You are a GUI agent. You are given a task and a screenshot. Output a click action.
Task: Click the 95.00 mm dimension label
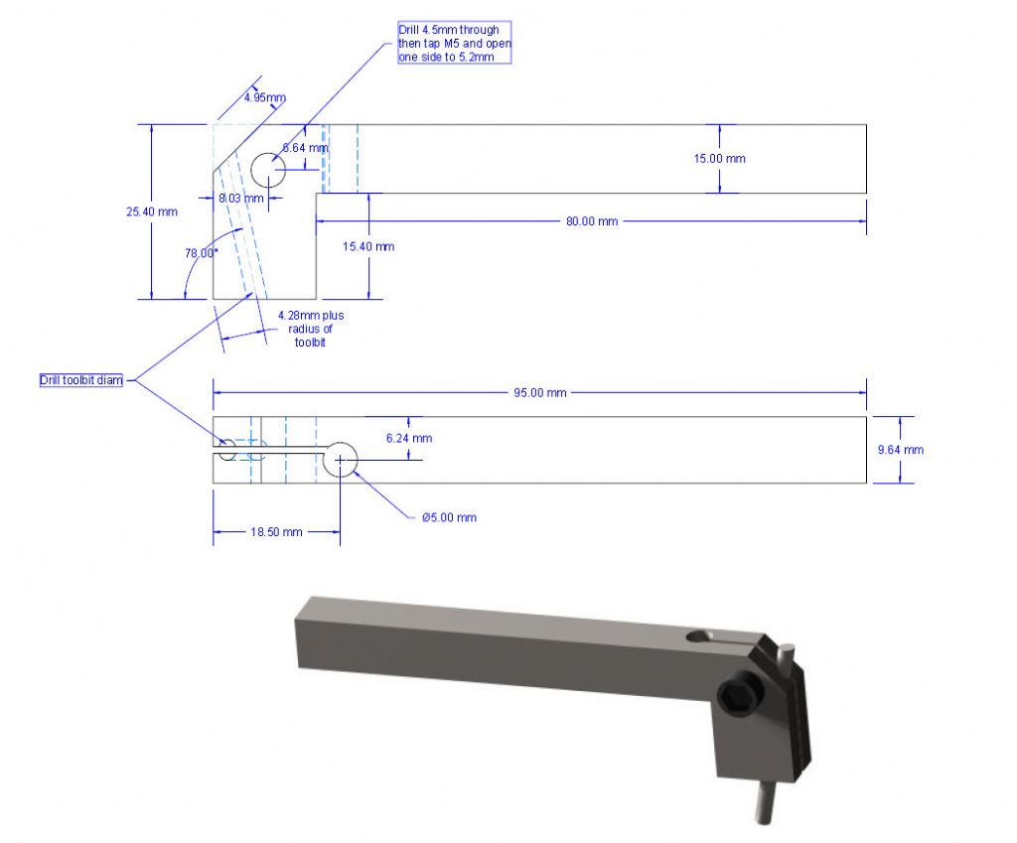coord(539,393)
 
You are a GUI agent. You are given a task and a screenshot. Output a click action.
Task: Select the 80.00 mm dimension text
coord(592,221)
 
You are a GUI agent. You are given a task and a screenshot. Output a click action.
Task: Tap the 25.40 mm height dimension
coord(152,211)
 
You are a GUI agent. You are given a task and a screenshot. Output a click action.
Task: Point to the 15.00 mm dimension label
coord(719,158)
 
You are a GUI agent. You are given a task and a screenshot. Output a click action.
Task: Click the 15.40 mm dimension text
coord(368,246)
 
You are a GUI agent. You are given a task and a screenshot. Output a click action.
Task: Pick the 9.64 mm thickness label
coord(900,450)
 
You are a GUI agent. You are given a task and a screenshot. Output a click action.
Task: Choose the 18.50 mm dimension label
coord(276,532)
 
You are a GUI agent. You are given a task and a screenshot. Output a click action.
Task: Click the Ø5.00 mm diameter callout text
coord(449,517)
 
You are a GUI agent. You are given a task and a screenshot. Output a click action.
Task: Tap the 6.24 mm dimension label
coord(408,438)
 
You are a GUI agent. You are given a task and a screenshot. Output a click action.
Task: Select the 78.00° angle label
coord(201,253)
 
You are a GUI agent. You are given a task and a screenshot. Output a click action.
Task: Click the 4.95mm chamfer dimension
coord(264,97)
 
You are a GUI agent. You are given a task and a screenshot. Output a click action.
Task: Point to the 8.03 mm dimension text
coord(241,198)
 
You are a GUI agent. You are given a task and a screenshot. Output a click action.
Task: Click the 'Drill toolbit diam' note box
coord(81,380)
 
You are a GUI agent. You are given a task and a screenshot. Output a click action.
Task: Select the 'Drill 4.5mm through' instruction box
coord(455,43)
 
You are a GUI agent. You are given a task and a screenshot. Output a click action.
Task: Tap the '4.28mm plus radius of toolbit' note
coord(311,329)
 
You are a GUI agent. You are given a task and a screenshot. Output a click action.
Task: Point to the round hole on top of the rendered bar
coord(698,636)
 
